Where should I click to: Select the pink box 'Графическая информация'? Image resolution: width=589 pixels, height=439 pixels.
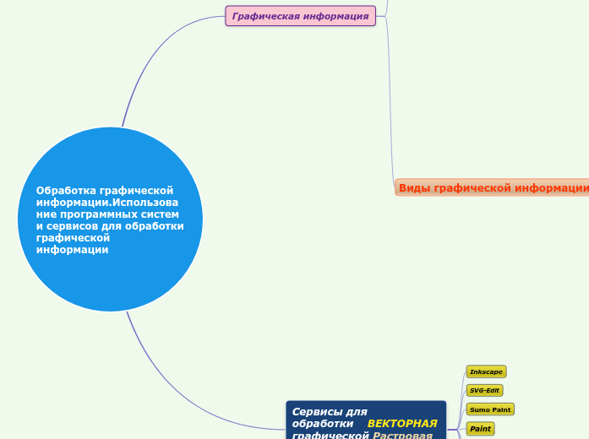click(x=300, y=16)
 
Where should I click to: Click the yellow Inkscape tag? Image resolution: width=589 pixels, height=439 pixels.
click(x=486, y=371)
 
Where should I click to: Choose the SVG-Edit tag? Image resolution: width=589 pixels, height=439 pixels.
click(x=484, y=390)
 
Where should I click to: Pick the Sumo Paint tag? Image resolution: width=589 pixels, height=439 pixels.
click(x=489, y=409)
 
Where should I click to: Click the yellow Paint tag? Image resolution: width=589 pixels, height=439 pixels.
click(x=480, y=429)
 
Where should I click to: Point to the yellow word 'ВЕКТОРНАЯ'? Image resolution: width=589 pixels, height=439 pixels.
click(x=402, y=423)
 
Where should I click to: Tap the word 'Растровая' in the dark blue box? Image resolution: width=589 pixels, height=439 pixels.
click(x=403, y=435)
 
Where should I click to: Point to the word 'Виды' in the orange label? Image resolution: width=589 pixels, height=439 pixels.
click(x=413, y=187)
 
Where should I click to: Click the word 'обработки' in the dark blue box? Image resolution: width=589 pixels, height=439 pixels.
click(x=322, y=423)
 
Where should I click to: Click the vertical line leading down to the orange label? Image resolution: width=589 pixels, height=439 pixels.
click(x=390, y=101)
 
